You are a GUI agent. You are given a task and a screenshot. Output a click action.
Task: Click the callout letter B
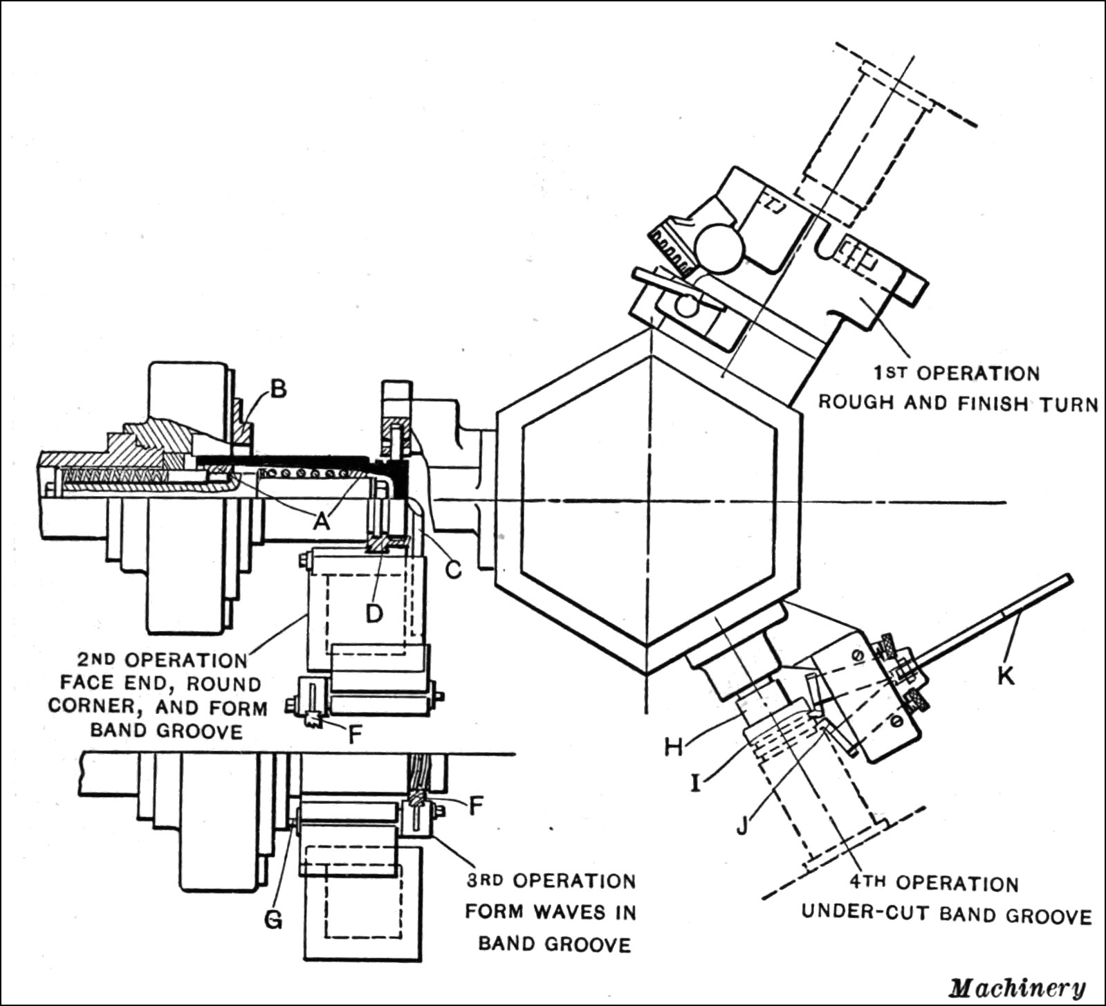point(277,390)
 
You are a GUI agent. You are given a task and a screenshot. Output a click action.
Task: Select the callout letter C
point(453,569)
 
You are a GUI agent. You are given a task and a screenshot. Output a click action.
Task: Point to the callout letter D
point(374,613)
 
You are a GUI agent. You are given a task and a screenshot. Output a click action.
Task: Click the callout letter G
point(274,920)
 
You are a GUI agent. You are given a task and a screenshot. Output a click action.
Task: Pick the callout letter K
point(1005,675)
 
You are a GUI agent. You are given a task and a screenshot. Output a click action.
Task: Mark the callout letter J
point(742,825)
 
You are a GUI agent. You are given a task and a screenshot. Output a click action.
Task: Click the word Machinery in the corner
point(1017,988)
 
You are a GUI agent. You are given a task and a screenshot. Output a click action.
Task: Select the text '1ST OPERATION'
point(956,374)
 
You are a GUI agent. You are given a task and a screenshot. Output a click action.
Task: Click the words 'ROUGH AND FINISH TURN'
point(959,403)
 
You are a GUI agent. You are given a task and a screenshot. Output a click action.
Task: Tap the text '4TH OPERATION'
point(934,884)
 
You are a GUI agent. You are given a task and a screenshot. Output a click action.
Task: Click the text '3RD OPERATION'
point(551,881)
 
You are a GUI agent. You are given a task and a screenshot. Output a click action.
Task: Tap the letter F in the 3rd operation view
point(475,805)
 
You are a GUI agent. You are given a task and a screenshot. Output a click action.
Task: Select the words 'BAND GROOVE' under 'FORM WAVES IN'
point(555,944)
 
